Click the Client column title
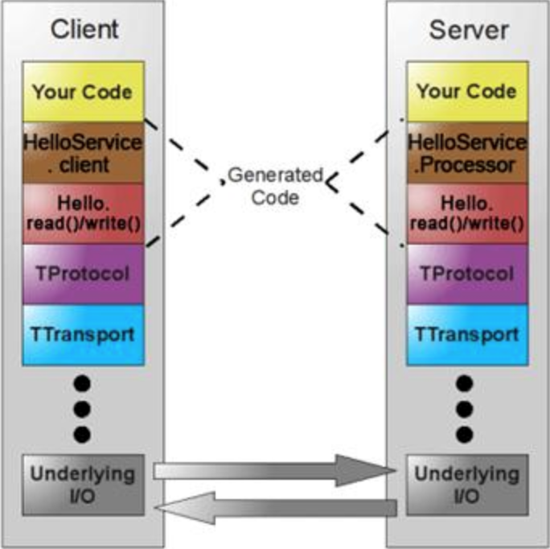84,30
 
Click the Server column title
468,30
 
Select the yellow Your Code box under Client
83,91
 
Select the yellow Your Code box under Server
466,91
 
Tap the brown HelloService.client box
83,153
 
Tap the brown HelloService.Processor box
466,153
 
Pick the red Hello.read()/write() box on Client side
83,213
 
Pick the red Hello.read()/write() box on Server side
466,213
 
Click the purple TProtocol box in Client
83,274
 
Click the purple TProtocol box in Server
466,274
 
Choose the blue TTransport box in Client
83,333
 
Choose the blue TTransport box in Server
466,333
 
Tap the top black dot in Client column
83,381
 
